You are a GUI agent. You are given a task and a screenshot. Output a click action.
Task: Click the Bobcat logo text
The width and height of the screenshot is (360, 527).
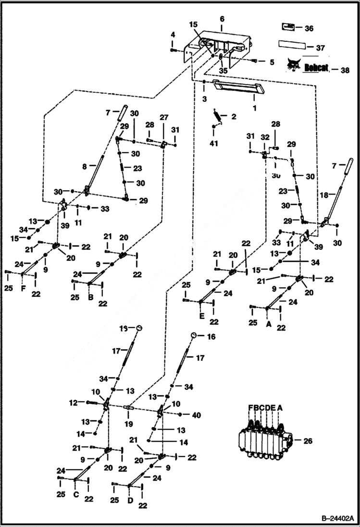(316, 68)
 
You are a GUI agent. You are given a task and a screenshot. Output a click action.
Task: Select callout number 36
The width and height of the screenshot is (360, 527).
(309, 29)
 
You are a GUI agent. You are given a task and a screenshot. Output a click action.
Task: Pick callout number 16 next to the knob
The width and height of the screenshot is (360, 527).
(211, 337)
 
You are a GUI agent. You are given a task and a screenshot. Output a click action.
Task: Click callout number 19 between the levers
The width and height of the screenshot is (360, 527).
(128, 425)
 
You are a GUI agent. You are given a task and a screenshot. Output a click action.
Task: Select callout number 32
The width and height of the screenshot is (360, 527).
(265, 137)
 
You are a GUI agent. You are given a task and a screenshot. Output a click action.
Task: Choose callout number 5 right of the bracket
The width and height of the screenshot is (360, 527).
(272, 62)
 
